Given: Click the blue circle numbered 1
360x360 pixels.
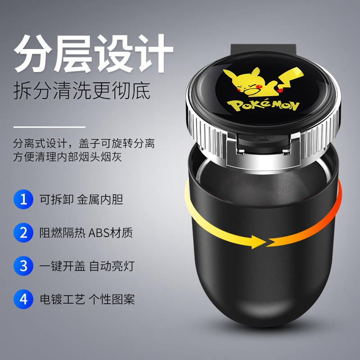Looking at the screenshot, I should point(23,199).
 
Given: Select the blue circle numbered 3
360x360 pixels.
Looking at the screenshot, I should point(23,265).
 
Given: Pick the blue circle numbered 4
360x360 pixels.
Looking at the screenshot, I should point(23,299).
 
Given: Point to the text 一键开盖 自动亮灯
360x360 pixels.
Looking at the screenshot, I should point(88,265).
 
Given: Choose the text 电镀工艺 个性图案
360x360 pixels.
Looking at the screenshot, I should point(88,299).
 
